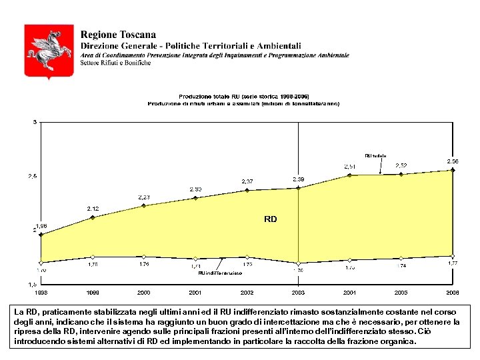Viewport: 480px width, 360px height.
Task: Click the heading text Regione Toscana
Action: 118,35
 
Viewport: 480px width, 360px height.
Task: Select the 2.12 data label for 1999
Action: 93,209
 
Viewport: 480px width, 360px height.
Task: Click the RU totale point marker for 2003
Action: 298,188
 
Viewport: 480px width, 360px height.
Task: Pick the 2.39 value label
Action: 298,179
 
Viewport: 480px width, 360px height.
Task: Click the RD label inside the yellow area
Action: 270,219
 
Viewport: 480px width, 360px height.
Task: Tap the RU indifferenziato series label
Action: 220,273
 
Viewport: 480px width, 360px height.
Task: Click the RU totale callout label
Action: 375,156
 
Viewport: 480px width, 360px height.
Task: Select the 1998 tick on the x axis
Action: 41,293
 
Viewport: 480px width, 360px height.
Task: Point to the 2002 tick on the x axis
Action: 247,293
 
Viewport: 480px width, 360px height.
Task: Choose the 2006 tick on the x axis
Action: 452,293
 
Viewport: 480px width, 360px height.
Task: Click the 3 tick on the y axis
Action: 35,122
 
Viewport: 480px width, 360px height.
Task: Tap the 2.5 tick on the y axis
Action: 32,176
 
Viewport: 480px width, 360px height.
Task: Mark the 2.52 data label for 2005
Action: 401,165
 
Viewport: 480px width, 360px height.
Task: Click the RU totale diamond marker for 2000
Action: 144,205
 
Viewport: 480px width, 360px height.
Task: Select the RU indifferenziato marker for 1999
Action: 93,256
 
